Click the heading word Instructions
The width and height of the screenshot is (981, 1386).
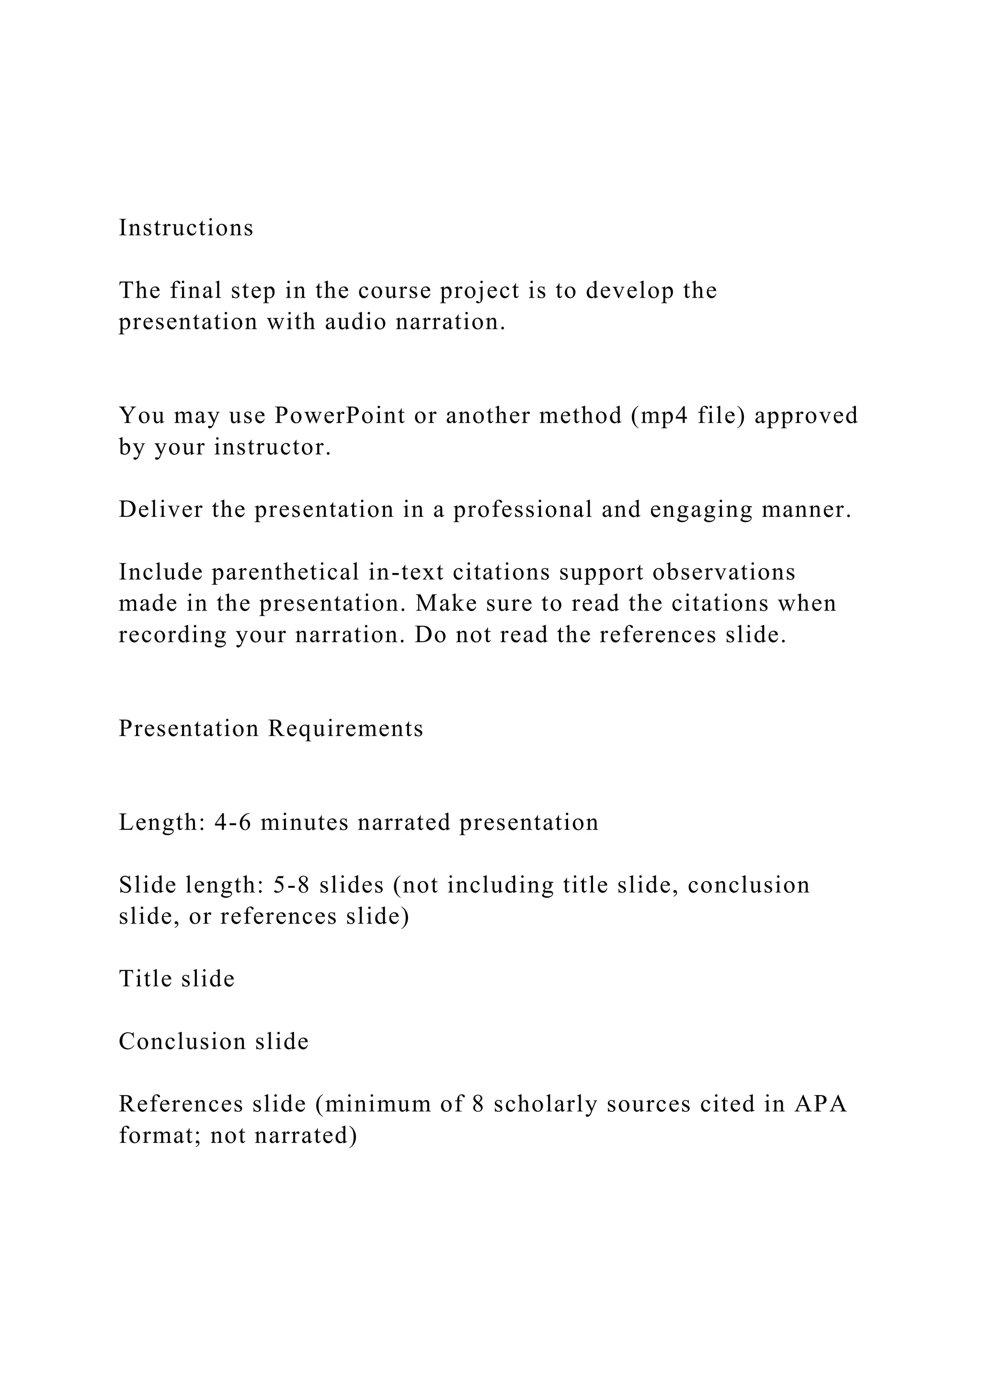point(186,228)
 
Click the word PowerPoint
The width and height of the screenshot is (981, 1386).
point(340,416)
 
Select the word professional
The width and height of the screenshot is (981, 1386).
point(523,510)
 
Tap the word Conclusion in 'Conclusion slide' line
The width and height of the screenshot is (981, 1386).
point(183,1041)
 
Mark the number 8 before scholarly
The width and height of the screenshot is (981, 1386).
point(479,1104)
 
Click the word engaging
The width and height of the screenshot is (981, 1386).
point(702,510)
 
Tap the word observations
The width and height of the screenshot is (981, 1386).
point(724,572)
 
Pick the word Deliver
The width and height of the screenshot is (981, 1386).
point(161,510)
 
